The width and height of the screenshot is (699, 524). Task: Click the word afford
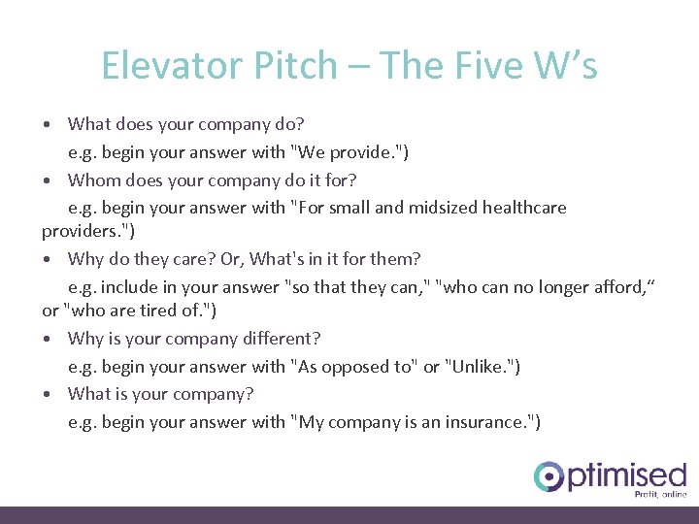(x=620, y=286)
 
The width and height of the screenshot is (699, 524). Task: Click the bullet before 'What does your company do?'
(x=48, y=124)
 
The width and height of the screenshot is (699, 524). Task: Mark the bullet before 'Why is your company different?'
(x=48, y=339)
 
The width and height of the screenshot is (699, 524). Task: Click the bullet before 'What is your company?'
(x=48, y=394)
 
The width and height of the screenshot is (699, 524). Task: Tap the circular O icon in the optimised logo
(x=549, y=476)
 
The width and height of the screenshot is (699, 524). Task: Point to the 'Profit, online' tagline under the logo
(x=660, y=494)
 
